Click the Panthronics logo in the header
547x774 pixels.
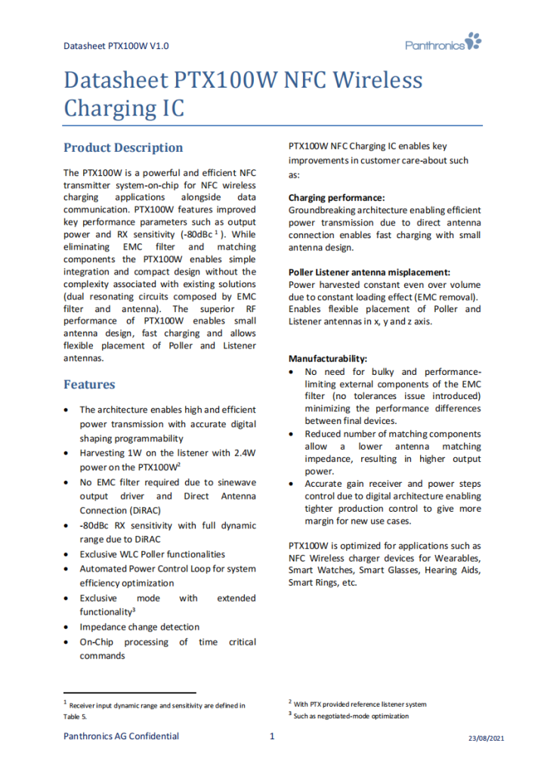[443, 43]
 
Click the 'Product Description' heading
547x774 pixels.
[123, 147]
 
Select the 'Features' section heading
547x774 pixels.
[89, 385]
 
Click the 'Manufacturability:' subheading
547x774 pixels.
[328, 358]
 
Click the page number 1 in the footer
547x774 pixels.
[272, 736]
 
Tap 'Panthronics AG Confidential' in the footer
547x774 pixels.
[121, 736]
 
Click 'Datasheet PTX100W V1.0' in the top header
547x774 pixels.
[116, 46]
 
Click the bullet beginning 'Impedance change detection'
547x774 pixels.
[140, 627]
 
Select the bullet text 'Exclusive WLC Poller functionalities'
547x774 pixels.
[153, 554]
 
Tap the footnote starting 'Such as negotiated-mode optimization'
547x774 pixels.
[351, 716]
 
